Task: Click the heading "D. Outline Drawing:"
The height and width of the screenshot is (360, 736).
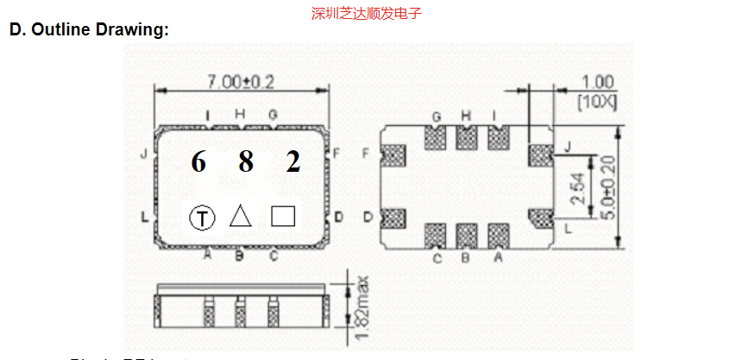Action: [89, 29]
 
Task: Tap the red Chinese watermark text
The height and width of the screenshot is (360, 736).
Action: [367, 13]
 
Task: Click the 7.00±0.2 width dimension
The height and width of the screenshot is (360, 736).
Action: [240, 82]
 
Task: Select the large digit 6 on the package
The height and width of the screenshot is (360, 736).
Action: [198, 161]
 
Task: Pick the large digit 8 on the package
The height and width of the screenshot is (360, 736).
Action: [246, 161]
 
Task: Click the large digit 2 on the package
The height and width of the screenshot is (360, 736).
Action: [293, 161]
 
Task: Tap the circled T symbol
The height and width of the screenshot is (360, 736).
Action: [202, 218]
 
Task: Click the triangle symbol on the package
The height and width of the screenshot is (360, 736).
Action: [241, 216]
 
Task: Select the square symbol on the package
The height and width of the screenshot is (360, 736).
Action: [283, 215]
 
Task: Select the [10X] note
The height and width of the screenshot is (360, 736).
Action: [596, 101]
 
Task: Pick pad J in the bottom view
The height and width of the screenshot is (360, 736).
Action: [538, 156]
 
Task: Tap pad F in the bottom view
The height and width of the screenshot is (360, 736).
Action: [393, 156]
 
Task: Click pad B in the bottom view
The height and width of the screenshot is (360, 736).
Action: [467, 236]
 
